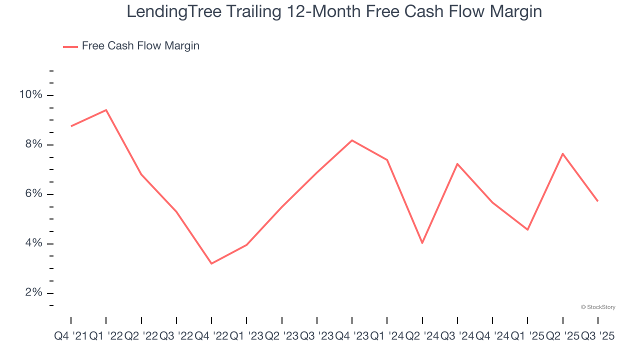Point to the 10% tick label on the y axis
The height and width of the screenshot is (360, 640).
(x=31, y=95)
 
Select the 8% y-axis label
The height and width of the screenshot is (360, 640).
(x=33, y=144)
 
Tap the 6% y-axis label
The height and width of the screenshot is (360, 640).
(x=33, y=194)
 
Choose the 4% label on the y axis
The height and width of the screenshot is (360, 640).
(x=33, y=243)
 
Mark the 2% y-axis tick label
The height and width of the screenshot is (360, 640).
(x=33, y=293)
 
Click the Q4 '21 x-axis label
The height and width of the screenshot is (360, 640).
(x=70, y=336)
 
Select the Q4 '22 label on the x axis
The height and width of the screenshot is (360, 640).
(x=211, y=336)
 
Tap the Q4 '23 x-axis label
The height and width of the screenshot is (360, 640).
(x=352, y=336)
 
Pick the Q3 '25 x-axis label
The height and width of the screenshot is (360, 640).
(x=597, y=336)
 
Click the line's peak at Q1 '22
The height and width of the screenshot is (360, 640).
(x=106, y=110)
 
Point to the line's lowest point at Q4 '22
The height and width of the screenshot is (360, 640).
(x=211, y=263)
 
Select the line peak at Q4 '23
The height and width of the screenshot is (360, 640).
(x=352, y=140)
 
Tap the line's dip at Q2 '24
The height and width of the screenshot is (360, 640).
(x=422, y=243)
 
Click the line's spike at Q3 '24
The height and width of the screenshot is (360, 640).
(x=457, y=164)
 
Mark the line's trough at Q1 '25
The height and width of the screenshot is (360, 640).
(x=527, y=229)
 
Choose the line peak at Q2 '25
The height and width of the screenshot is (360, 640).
(x=563, y=153)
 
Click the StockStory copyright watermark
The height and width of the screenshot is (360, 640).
(x=598, y=307)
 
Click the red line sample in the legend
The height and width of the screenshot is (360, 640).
(x=70, y=46)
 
